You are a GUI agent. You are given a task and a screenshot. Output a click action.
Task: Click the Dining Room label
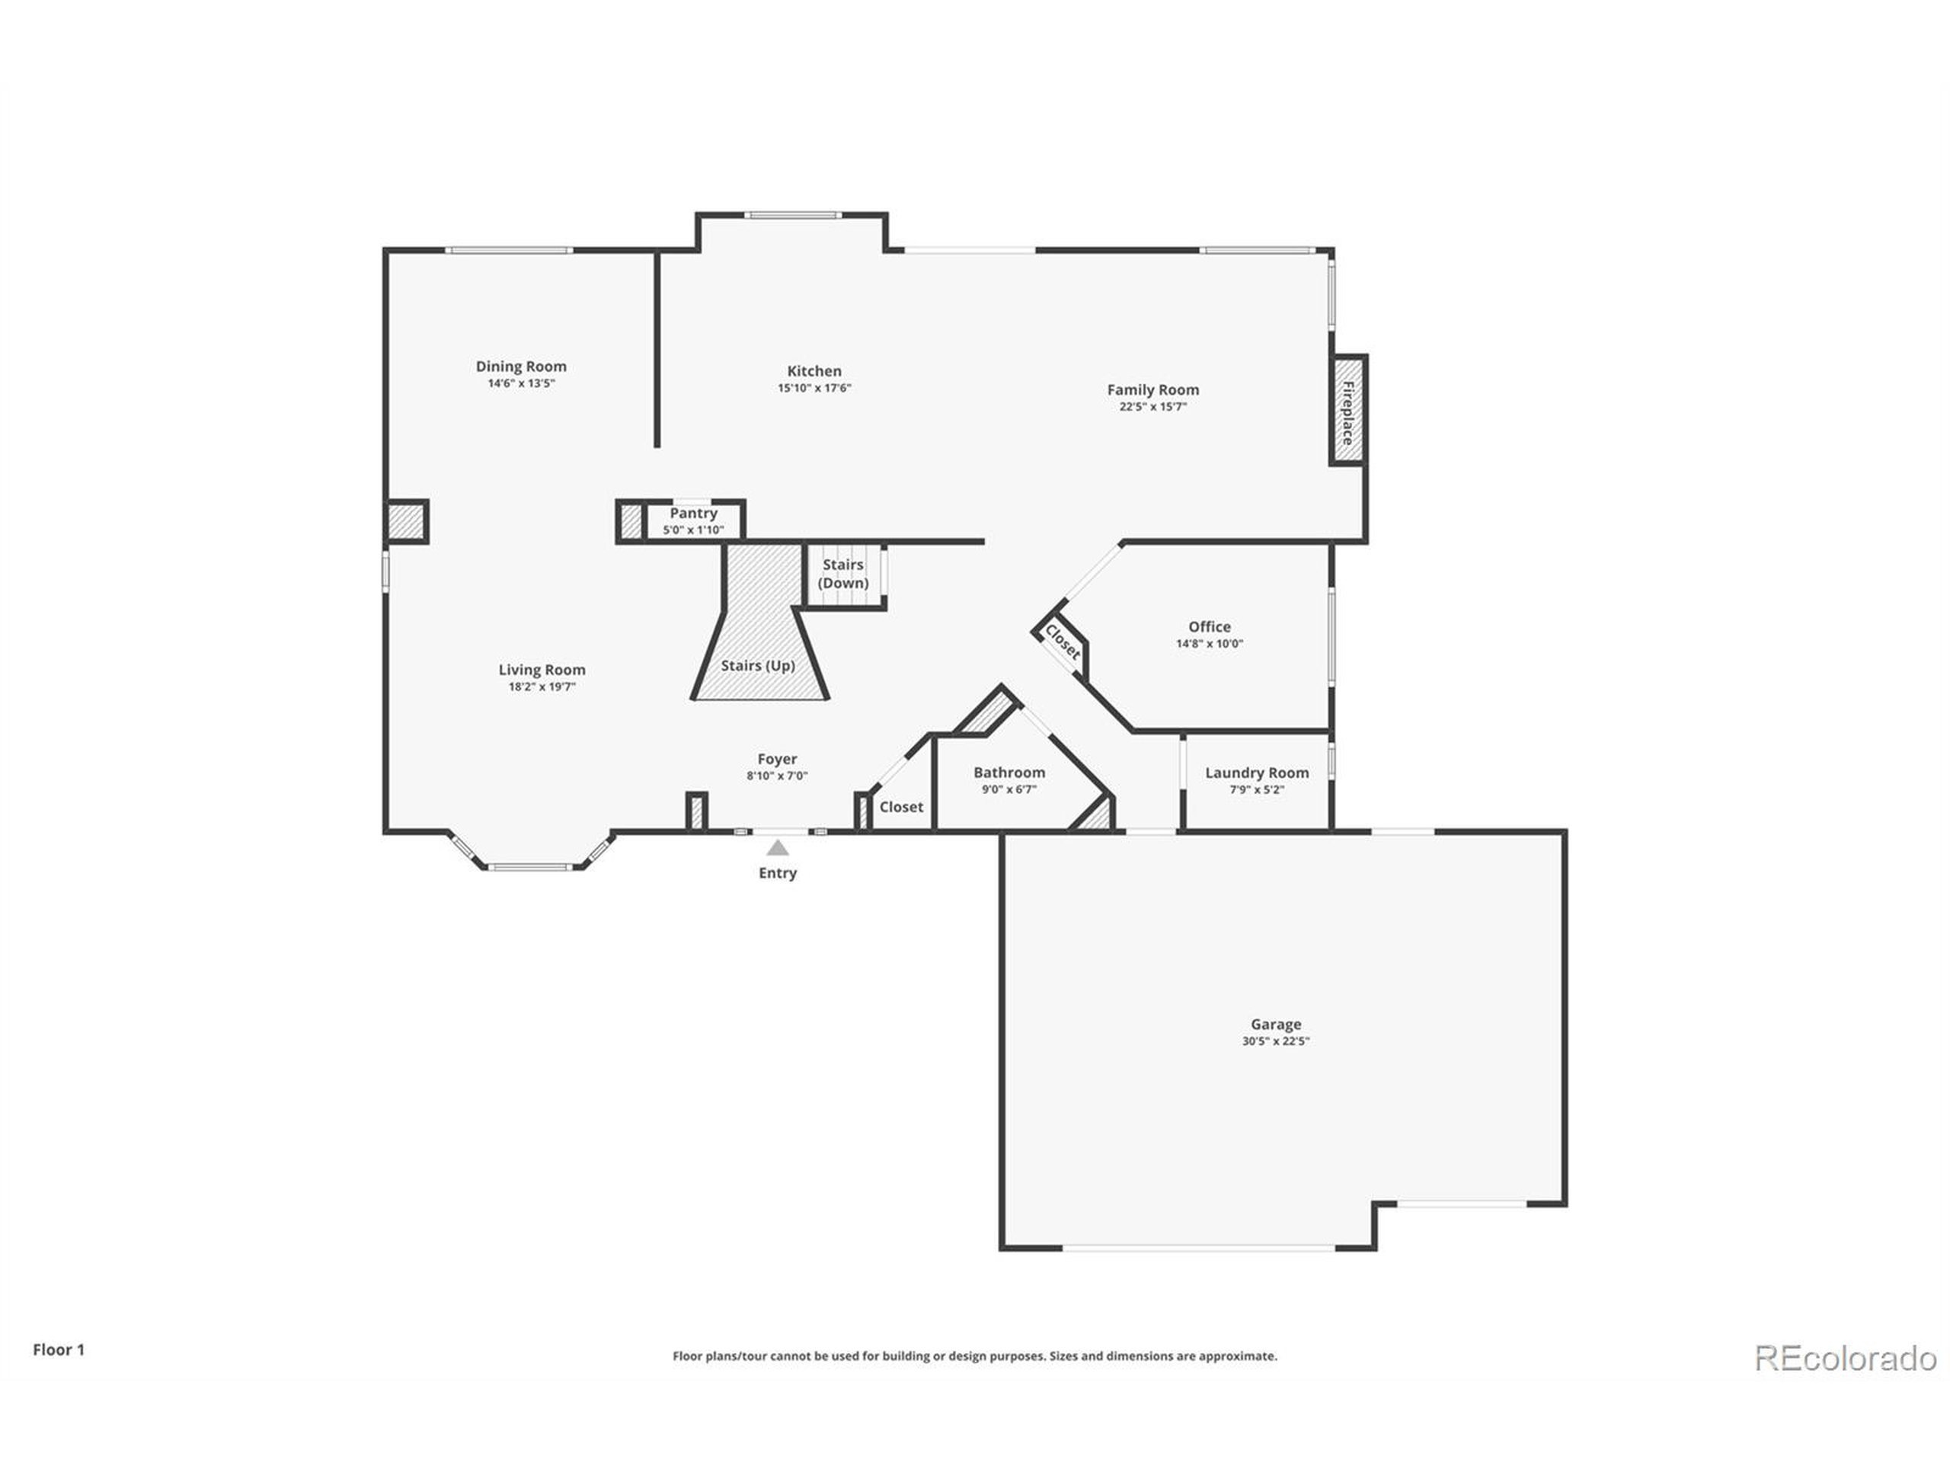(521, 366)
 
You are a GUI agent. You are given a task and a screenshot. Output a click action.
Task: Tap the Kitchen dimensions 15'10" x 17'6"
(814, 388)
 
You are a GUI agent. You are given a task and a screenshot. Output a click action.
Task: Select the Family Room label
(1153, 390)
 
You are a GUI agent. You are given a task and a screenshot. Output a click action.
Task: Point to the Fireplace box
(1348, 411)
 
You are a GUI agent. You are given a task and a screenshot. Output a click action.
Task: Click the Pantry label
(694, 514)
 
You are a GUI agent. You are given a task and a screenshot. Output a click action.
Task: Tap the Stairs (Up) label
(758, 666)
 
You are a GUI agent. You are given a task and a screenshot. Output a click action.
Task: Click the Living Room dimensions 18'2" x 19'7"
(542, 687)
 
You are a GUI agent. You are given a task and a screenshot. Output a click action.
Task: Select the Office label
(1210, 627)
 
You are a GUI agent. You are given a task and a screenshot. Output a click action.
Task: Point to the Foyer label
(778, 759)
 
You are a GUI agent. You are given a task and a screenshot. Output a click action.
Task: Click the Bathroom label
(1009, 773)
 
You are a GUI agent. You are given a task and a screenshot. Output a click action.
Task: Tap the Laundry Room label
(1257, 773)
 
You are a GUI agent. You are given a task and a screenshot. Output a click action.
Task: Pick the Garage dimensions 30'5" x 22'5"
(1276, 1042)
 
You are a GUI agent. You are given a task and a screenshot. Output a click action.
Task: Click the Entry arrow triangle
(778, 848)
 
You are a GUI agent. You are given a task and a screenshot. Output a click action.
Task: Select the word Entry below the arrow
(778, 873)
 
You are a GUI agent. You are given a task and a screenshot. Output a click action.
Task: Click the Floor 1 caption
(59, 1350)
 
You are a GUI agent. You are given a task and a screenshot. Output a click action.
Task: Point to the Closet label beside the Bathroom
(901, 807)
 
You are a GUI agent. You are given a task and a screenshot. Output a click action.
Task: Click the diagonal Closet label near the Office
(1063, 642)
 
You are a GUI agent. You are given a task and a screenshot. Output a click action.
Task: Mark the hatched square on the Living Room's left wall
(408, 520)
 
